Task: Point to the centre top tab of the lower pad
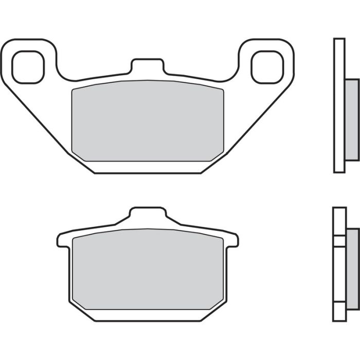click(148, 216)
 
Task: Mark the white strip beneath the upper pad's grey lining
click(148, 166)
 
